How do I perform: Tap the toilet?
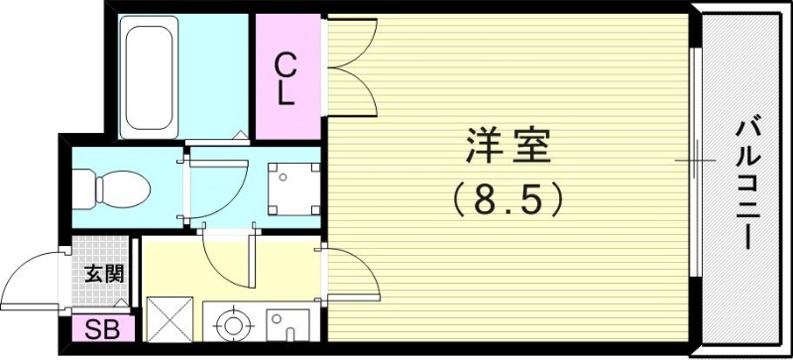[111, 185]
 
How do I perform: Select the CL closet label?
[284, 80]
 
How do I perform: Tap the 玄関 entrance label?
[103, 272]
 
